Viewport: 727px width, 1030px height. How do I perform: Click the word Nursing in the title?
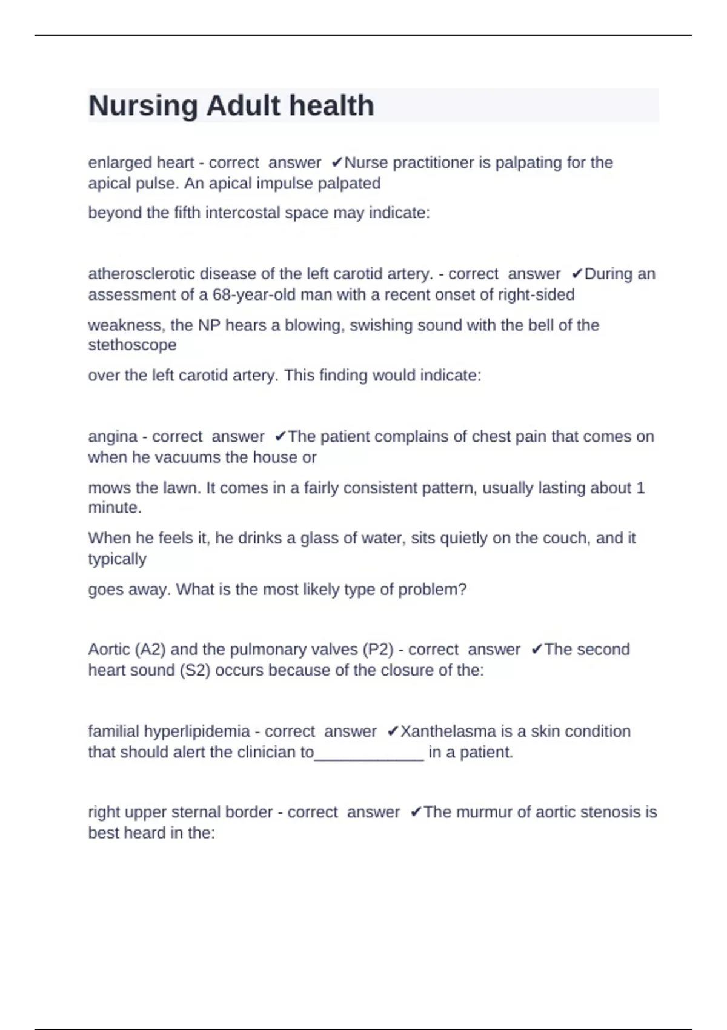click(x=143, y=106)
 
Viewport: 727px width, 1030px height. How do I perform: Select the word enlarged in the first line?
click(x=112, y=163)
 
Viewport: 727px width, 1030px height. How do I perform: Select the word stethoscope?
click(x=132, y=345)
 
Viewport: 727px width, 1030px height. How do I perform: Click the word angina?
click(x=113, y=437)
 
